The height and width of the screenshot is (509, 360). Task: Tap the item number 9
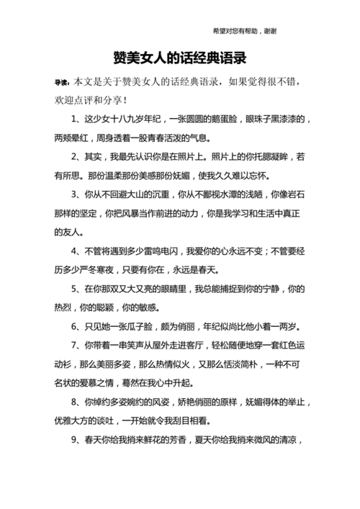75,441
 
